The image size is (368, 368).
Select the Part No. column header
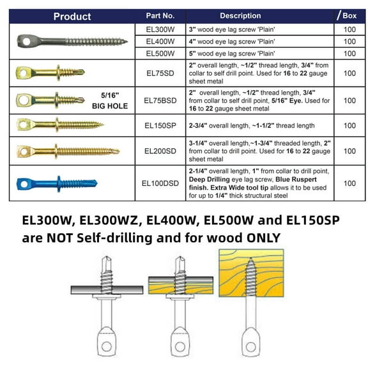[160, 16]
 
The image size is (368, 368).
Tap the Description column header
[240, 16]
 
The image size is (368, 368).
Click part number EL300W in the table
[160, 29]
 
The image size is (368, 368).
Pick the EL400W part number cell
[160, 42]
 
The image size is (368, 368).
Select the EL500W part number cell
[160, 54]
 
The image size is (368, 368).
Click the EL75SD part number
[160, 73]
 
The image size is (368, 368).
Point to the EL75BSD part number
[160, 100]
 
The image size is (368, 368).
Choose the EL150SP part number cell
[160, 126]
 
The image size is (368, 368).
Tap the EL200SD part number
[160, 151]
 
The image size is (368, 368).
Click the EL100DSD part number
[160, 183]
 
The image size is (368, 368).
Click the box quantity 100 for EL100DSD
[349, 183]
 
